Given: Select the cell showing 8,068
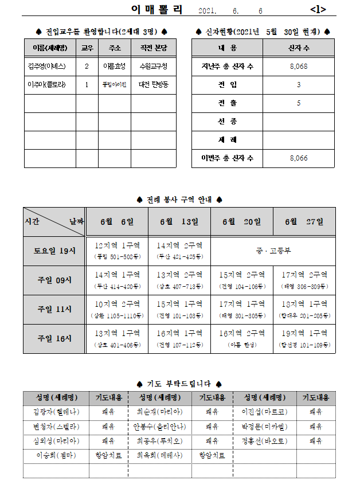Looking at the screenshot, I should (x=299, y=67).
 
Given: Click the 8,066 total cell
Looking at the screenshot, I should (x=299, y=158).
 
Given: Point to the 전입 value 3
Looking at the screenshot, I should (x=299, y=85).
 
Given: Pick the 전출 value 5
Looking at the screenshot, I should (x=299, y=103).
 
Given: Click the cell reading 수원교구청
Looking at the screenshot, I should (x=153, y=67).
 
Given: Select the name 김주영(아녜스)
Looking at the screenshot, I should (x=49, y=67).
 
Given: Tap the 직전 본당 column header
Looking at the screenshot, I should (x=153, y=48).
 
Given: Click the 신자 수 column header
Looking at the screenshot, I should (x=299, y=48).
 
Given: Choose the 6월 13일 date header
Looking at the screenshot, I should (x=179, y=221).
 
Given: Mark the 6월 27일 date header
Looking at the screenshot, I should (x=304, y=221).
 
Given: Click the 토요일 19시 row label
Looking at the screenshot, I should (x=54, y=251).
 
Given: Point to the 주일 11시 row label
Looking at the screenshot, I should (x=54, y=309).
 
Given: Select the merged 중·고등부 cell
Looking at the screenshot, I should (x=273, y=251).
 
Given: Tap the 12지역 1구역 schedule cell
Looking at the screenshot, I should (x=117, y=250).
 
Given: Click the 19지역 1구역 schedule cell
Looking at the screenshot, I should (x=304, y=338).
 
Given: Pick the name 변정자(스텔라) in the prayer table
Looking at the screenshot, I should (x=56, y=427).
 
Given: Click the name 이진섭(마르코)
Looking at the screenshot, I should (x=264, y=412).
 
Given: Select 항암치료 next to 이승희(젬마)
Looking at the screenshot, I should (x=108, y=455).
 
